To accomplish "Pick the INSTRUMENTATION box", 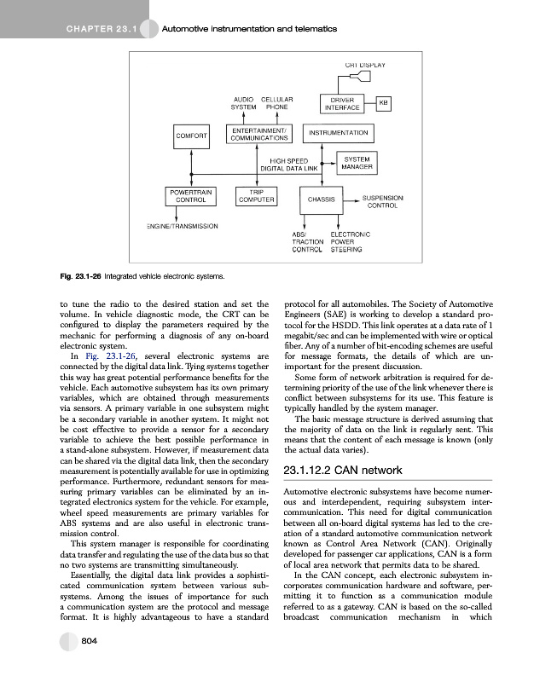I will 339,133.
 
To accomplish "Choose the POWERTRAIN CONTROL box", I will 189,197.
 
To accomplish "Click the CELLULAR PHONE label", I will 277,103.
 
